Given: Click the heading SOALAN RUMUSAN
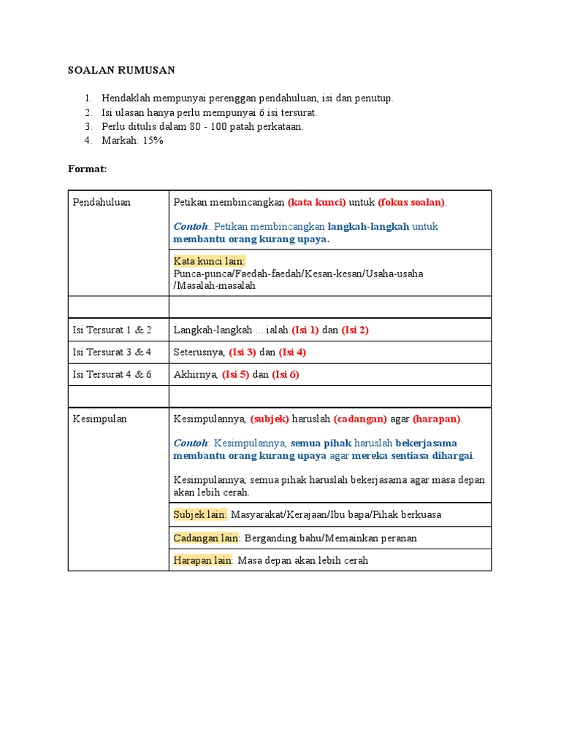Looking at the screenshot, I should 121,70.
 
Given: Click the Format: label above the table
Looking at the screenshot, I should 87,169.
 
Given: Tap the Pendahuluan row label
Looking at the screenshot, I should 102,202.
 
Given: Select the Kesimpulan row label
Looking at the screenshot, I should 99,419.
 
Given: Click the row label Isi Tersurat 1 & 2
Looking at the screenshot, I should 112,330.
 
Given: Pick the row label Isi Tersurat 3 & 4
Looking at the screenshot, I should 112,352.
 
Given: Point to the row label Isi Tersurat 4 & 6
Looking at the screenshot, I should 112,374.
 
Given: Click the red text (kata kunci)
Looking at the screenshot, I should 316,202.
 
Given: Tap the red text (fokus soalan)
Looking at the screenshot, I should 411,202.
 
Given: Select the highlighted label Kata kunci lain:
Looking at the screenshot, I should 210,261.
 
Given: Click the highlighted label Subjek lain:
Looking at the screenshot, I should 200,514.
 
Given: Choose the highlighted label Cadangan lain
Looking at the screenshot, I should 206,538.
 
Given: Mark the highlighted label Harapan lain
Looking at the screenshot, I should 202,560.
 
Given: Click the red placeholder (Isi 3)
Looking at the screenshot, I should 243,352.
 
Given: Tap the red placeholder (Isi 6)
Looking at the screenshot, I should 286,374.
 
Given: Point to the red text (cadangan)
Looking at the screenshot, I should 361,419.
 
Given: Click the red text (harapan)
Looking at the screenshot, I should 437,419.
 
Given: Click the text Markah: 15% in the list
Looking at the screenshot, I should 132,140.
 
